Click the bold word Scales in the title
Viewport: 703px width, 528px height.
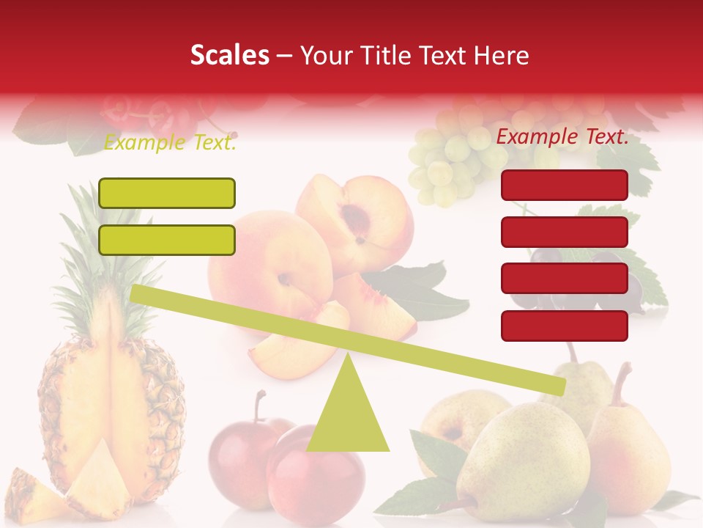[x=229, y=56]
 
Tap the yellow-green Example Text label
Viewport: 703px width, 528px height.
[x=170, y=143]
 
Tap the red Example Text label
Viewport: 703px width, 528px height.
[x=562, y=136]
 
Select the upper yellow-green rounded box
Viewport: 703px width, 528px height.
[x=167, y=193]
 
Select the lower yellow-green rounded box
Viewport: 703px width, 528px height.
[x=167, y=240]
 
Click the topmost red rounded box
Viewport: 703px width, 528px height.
[x=565, y=185]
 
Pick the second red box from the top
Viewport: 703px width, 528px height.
[x=565, y=232]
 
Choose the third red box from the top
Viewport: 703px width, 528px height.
[x=565, y=279]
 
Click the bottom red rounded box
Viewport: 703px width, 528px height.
[x=565, y=326]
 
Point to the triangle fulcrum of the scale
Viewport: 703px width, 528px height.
[x=347, y=411]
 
